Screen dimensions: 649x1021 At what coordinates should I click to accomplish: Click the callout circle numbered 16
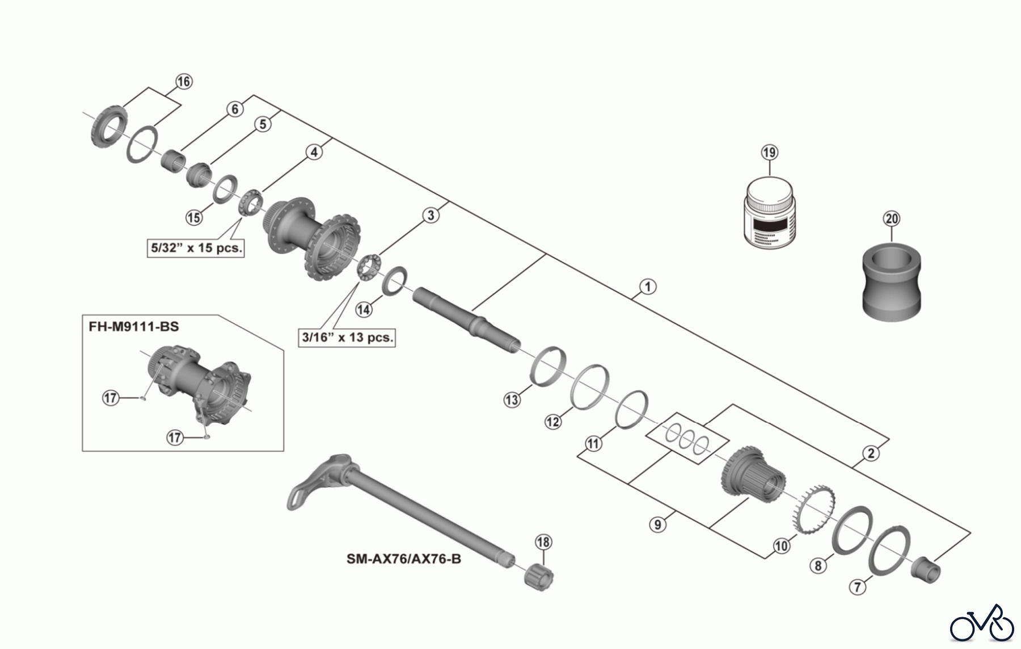coord(183,82)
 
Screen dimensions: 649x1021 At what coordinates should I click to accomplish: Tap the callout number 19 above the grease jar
coord(769,153)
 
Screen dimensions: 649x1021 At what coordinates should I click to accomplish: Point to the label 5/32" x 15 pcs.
coord(196,248)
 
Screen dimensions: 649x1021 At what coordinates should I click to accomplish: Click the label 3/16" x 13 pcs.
coord(347,337)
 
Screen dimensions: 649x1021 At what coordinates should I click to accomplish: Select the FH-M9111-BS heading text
coord(134,326)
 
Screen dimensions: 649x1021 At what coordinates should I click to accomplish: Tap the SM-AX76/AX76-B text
coord(404,559)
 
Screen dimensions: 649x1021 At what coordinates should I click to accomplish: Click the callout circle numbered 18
coord(543,542)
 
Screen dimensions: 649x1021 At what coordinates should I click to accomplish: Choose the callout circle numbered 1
coord(647,286)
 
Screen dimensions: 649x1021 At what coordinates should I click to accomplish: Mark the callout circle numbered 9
coord(658,524)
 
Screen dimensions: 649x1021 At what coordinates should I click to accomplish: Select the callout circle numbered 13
coord(512,399)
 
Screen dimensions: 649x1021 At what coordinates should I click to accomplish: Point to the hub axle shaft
coord(465,321)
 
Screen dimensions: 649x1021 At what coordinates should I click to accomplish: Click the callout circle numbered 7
coord(858,587)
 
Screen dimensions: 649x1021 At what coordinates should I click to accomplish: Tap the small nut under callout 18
coord(540,578)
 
